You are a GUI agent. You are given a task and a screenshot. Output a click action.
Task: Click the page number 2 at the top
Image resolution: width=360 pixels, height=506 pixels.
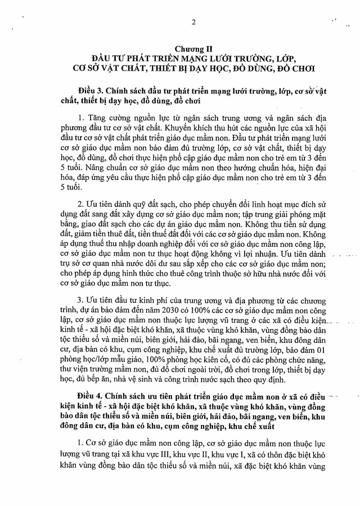click(x=193, y=22)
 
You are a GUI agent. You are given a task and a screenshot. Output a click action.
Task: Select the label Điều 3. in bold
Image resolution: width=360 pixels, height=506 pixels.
click(x=94, y=92)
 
